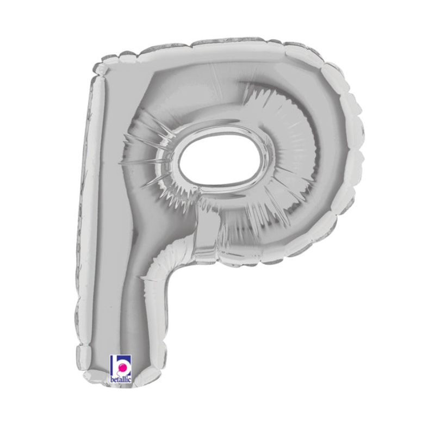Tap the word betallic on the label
[x=121, y=380]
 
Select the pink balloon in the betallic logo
[x=122, y=368]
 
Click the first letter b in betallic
[x=113, y=380]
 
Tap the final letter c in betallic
[x=130, y=380]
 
